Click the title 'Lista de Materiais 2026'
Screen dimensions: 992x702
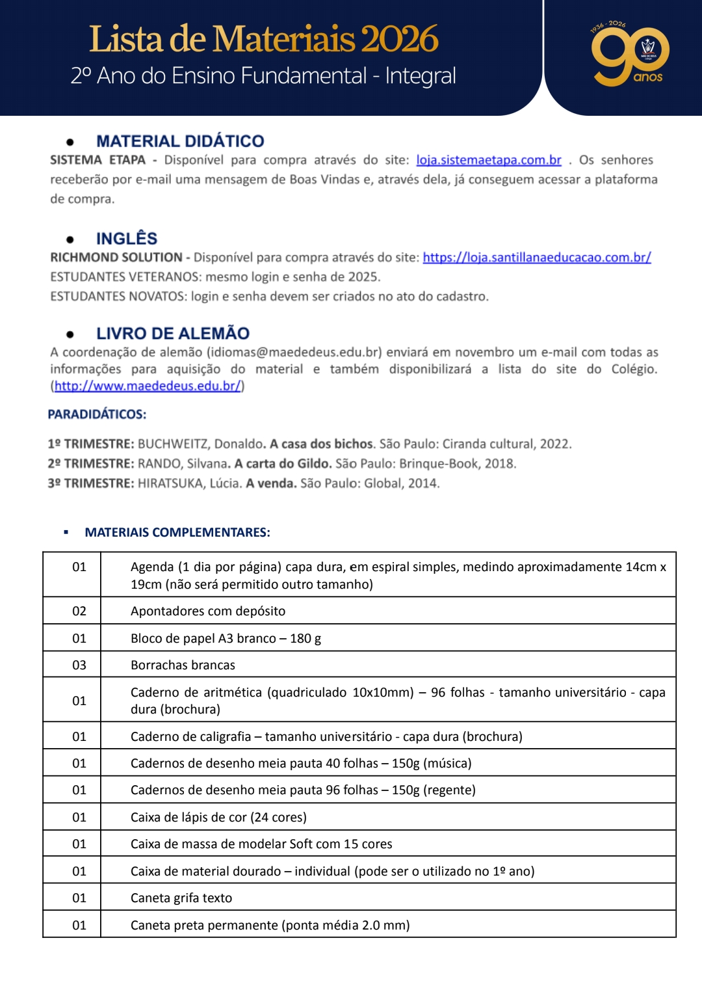coord(263,39)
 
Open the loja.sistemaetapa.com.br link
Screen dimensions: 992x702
coord(488,160)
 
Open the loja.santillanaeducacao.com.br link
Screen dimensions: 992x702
coord(536,258)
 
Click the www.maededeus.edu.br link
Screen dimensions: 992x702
coord(148,386)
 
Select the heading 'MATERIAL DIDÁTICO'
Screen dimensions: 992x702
coord(180,141)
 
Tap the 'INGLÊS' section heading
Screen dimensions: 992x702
coord(127,239)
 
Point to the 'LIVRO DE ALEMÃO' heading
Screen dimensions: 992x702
coord(172,334)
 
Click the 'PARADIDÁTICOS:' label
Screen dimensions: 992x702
coord(97,414)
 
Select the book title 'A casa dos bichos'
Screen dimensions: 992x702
coord(322,444)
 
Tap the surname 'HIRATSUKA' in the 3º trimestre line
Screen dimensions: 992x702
coord(170,483)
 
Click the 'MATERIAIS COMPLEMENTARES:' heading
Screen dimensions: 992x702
coord(177,532)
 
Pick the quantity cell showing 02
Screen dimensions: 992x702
coord(79,611)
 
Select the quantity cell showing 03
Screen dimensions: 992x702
coord(79,665)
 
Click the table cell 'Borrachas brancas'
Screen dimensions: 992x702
coord(183,665)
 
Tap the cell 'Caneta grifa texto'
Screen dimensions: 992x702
coord(181,898)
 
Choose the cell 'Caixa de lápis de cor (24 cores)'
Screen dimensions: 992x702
coord(218,817)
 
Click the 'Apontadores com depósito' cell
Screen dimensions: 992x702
coord(208,611)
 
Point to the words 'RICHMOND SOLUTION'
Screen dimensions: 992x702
coord(116,258)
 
